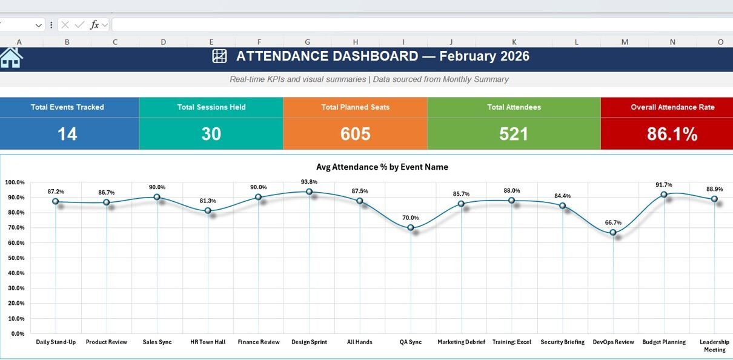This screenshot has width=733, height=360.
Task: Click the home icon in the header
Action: point(11,58)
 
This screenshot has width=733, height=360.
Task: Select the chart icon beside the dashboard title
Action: point(219,56)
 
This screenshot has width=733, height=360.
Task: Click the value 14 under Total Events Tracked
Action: point(67,134)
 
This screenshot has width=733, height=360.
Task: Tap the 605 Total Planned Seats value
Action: point(355,134)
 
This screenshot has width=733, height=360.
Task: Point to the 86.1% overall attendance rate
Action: point(672,134)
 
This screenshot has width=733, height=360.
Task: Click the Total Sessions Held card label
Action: point(211,107)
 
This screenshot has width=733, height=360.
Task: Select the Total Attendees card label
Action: point(514,107)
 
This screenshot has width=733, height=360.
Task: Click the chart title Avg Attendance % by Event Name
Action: point(382,167)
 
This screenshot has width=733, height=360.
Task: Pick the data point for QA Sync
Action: point(411,228)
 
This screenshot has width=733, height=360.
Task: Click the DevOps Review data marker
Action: point(613,232)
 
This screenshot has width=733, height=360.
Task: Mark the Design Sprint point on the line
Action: point(309,192)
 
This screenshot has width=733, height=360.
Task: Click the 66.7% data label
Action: point(613,222)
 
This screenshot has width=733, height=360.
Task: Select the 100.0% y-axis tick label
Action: point(15,182)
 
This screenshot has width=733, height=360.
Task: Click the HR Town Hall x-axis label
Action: point(208,342)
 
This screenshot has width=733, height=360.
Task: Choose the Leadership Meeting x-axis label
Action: point(714,345)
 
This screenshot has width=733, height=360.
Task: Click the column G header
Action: point(307,42)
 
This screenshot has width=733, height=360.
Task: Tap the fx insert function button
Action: point(95,25)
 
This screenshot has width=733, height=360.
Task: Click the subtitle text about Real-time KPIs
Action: point(369,79)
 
